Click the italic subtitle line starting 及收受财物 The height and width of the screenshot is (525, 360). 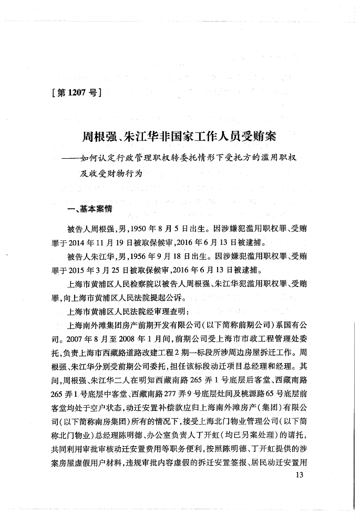click(111, 173)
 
